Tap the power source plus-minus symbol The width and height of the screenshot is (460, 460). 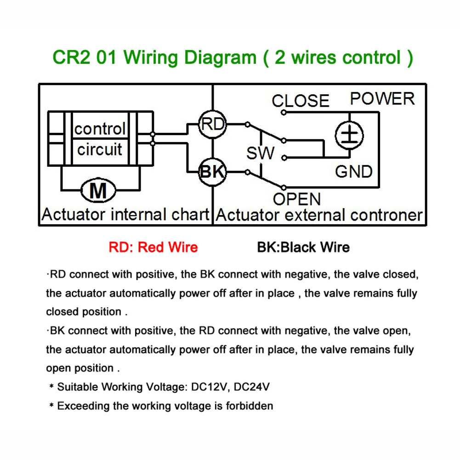[x=349, y=136]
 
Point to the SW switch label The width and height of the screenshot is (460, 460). [x=261, y=153]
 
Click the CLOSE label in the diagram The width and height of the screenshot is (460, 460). [x=301, y=101]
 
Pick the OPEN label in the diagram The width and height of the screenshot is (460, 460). [x=297, y=199]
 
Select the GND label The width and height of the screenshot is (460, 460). [x=354, y=171]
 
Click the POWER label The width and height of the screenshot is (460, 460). [x=382, y=98]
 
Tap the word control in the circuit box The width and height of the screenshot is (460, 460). [x=100, y=129]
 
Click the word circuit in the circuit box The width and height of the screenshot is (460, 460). [x=100, y=150]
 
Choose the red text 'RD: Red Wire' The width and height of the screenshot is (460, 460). [x=153, y=247]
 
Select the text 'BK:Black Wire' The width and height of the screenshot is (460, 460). [x=303, y=247]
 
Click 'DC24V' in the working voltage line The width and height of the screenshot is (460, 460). [x=252, y=387]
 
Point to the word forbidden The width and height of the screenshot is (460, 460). [x=250, y=406]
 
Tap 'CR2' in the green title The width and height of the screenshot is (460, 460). [x=72, y=57]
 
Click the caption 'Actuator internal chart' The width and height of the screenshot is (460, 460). [x=125, y=215]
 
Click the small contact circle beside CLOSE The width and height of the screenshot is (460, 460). [x=284, y=113]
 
